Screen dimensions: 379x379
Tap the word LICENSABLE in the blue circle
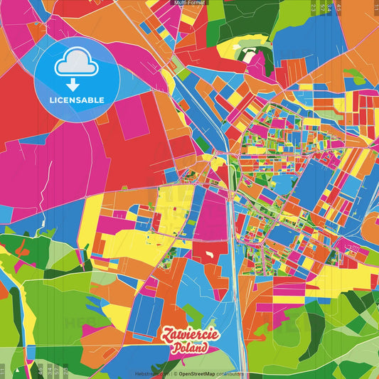pos(77,100)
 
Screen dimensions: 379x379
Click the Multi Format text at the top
pos(189,4)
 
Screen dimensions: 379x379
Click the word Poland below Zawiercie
pos(190,348)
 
